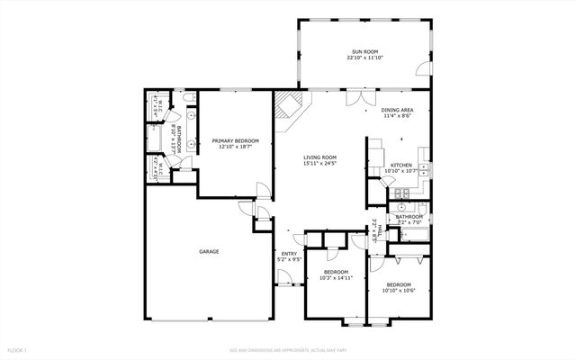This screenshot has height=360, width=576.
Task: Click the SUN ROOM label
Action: click(365, 51)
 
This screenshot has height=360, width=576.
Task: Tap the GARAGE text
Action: click(209, 251)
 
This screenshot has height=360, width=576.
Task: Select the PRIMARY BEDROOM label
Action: click(235, 140)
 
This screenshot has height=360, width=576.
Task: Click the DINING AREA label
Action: click(396, 110)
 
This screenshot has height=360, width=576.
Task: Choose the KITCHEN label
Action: click(400, 165)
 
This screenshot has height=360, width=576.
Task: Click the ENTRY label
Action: click(289, 254)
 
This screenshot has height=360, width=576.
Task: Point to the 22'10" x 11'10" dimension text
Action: click(365, 58)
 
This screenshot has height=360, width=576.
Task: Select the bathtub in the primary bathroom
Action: click(156, 140)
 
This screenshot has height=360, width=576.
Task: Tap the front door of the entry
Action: click(289, 282)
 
